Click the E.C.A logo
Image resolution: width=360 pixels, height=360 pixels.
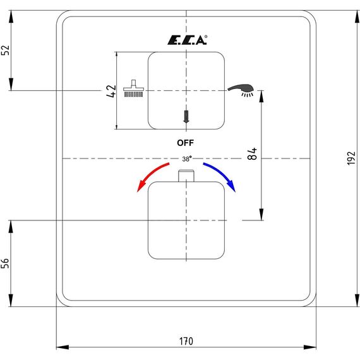pyautogui.click(x=187, y=40)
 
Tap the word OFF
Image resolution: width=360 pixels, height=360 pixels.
pyautogui.click(x=185, y=143)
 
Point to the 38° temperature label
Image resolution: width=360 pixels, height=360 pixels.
pyautogui.click(x=187, y=159)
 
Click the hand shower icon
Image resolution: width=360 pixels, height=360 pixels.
pyautogui.click(x=241, y=90)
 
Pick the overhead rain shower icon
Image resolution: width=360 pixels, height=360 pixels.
pyautogui.click(x=134, y=88)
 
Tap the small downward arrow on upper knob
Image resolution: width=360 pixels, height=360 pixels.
pyautogui.click(x=186, y=116)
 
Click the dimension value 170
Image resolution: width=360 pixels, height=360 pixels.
pyautogui.click(x=186, y=341)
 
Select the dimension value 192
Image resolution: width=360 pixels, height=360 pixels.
pyautogui.click(x=351, y=158)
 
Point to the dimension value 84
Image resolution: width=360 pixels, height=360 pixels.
pyautogui.click(x=253, y=153)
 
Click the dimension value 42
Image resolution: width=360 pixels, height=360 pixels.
pyautogui.click(x=112, y=91)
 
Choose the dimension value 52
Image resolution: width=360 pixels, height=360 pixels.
pyautogui.click(x=5, y=50)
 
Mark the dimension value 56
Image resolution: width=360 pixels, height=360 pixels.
pyautogui.click(x=5, y=263)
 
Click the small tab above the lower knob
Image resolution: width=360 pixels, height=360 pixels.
pyautogui.click(x=186, y=176)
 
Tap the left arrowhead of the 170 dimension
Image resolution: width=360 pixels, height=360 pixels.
pyautogui.click(x=63, y=347)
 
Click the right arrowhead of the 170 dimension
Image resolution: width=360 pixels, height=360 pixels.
pyautogui.click(x=310, y=347)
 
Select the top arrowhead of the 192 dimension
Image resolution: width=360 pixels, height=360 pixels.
pyautogui.click(x=357, y=16)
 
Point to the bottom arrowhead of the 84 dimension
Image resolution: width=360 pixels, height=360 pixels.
pyautogui.click(x=261, y=214)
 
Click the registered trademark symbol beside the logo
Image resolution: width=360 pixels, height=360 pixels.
pyautogui.click(x=206, y=36)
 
